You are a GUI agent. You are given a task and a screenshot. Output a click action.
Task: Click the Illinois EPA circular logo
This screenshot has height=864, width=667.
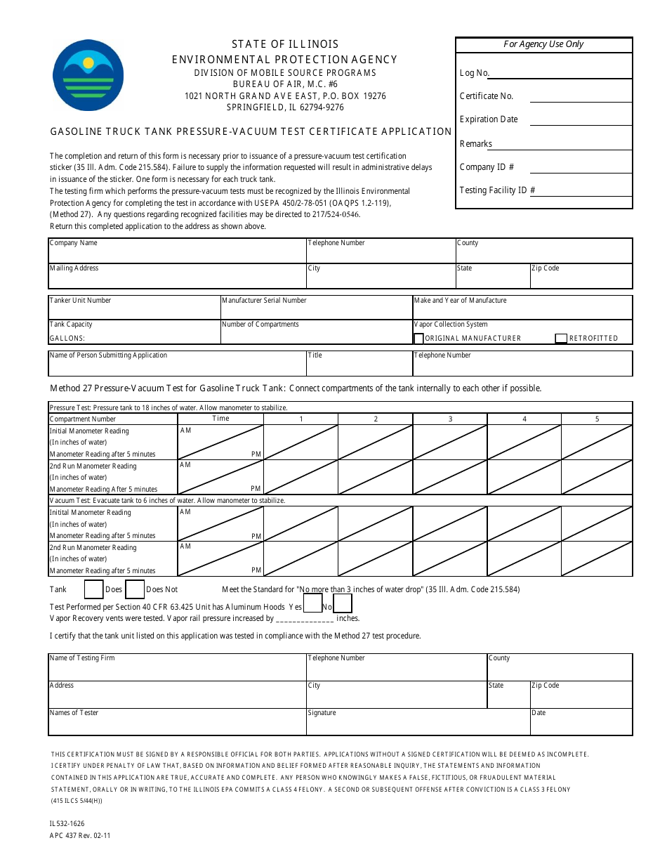coord(88,74)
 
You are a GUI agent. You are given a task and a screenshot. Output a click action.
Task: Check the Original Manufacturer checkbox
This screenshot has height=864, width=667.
coord(419,339)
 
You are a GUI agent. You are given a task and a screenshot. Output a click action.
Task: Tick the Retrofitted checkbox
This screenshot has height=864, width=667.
coord(561,339)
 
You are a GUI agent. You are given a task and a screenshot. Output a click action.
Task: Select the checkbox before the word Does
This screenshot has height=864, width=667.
coord(94,589)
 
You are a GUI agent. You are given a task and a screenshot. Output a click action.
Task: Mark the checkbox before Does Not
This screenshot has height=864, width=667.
coord(135,589)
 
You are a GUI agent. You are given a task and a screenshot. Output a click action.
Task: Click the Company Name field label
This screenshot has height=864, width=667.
coord(74,243)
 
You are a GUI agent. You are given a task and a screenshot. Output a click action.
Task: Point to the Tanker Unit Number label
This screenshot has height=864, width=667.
coord(80,301)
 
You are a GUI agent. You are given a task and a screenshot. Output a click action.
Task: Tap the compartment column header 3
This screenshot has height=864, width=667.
coord(450,419)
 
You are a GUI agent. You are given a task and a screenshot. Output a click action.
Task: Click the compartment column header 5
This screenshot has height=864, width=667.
coord(597,419)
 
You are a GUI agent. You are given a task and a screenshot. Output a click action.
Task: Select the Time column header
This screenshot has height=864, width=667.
coord(220,419)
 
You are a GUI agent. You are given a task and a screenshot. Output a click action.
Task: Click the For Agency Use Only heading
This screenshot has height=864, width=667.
coord(543,44)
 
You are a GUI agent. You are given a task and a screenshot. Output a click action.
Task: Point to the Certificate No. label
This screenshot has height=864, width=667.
coord(487,96)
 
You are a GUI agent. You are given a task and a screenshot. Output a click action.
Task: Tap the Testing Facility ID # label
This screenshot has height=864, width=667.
coord(498,190)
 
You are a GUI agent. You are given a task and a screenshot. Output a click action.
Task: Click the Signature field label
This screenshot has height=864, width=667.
coord(322,713)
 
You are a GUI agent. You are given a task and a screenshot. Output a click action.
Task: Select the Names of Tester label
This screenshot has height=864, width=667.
coord(74,713)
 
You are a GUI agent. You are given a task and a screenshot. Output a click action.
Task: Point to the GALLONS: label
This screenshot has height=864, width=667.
coord(67,339)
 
